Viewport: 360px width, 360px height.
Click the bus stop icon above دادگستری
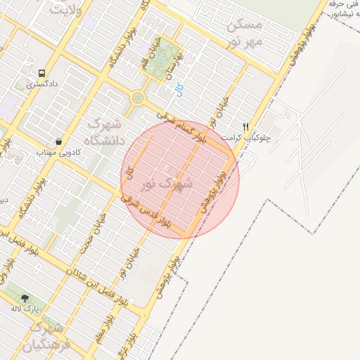click(x=41, y=72)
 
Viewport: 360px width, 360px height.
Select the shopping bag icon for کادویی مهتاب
click(x=58, y=141)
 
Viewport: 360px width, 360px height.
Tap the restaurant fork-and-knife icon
click(x=245, y=127)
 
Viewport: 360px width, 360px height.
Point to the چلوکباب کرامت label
click(x=247, y=138)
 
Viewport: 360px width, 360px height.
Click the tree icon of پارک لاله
click(x=26, y=298)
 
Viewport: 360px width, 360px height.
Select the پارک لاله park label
click(x=27, y=309)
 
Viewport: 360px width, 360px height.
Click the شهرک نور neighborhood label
click(x=167, y=184)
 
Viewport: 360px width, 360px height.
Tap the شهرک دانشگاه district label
click(x=105, y=132)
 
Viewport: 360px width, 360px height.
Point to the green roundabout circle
click(x=137, y=97)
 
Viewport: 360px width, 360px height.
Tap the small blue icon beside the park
click(x=179, y=89)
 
